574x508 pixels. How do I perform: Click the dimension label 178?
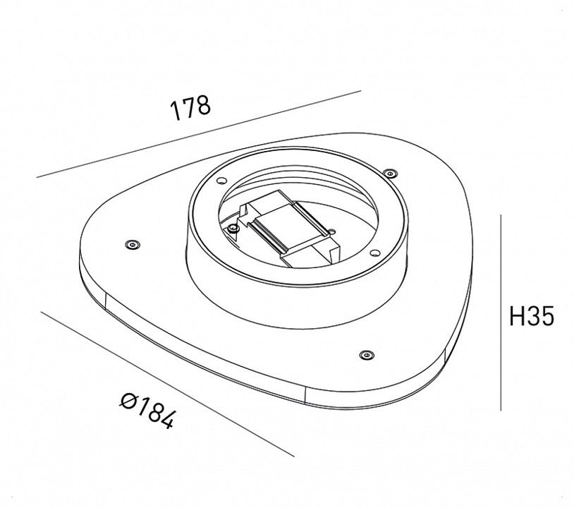pyautogui.click(x=190, y=107)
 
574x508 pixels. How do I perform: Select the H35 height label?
pyautogui.click(x=532, y=317)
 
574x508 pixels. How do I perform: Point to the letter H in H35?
pyautogui.click(x=517, y=317)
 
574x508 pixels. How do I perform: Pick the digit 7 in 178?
pyautogui.click(x=189, y=107)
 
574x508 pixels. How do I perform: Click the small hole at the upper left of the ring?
pyautogui.click(x=221, y=179)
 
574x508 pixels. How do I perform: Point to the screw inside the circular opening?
pyautogui.click(x=233, y=227)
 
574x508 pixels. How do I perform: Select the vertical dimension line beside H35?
pyautogui.click(x=501, y=310)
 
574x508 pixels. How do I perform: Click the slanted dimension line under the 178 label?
pyautogui.click(x=197, y=134)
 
